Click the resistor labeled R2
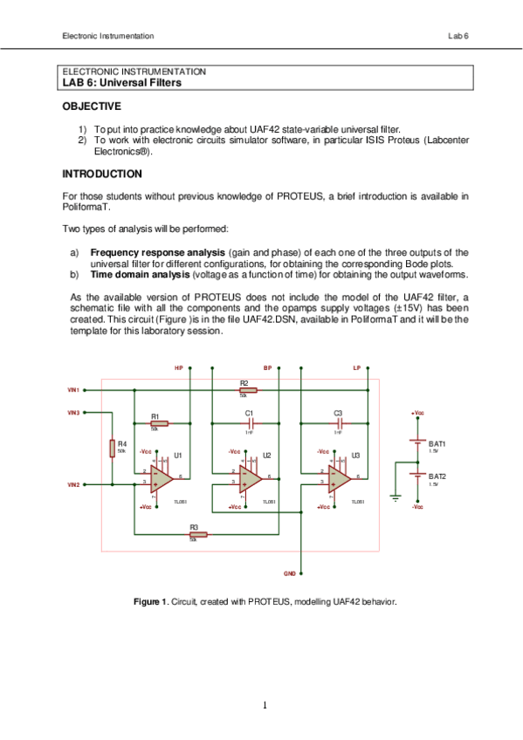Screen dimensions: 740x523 [244, 390]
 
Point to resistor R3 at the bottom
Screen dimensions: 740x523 [193, 534]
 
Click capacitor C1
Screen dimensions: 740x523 [249, 423]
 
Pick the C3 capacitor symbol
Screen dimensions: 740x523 [337, 423]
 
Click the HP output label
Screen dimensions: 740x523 [178, 368]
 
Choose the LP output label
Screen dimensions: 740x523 [356, 368]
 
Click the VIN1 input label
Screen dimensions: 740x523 [73, 389]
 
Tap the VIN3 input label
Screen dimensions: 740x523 [73, 412]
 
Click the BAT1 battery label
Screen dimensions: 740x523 [437, 444]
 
